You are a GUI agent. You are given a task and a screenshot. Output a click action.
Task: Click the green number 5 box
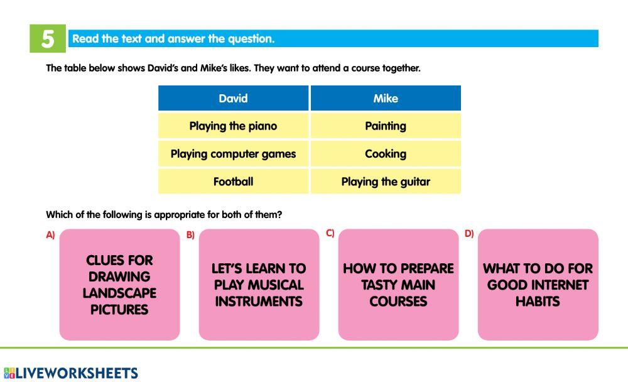click(48, 38)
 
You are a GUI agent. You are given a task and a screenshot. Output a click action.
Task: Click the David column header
click(233, 98)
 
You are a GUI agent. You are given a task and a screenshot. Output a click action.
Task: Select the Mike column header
click(386, 98)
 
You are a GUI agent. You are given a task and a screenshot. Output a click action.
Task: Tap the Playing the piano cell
click(233, 126)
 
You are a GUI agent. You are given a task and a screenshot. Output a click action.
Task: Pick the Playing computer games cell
click(233, 153)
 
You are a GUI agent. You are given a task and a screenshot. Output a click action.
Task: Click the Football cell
click(233, 182)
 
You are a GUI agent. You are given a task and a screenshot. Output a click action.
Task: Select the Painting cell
click(386, 126)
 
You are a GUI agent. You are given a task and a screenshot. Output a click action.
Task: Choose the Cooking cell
click(386, 153)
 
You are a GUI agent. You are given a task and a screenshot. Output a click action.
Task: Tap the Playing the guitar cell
click(386, 182)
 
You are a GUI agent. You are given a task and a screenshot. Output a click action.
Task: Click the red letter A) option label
click(50, 235)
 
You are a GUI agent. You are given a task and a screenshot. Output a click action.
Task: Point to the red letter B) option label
click(190, 235)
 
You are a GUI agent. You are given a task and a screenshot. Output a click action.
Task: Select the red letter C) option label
click(330, 233)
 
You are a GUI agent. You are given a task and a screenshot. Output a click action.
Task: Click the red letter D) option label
click(469, 233)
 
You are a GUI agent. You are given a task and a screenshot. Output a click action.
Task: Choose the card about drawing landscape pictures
click(119, 285)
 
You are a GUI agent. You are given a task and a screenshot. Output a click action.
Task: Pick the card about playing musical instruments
click(259, 285)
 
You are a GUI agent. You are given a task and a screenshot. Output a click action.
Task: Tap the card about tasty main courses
click(399, 285)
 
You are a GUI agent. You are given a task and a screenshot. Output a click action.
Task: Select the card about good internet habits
click(538, 285)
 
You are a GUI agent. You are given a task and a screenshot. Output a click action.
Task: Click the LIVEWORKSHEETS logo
click(71, 373)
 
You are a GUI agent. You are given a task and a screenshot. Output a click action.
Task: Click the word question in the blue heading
click(251, 39)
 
